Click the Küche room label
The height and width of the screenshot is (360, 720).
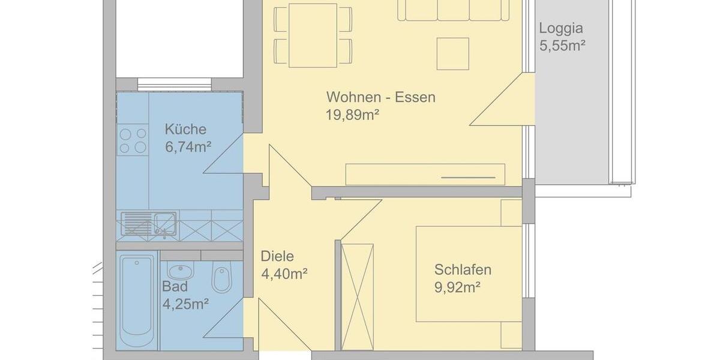185,129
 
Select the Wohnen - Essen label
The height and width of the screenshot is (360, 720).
380,97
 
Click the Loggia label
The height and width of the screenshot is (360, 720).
561,28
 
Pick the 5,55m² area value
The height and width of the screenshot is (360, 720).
562,46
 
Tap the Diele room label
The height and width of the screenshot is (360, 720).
277,256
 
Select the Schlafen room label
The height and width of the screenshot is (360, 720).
463,269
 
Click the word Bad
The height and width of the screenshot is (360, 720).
175,286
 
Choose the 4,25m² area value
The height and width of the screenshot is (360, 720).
185,304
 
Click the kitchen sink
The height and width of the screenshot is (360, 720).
148,223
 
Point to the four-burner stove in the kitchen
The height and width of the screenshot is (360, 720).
133,140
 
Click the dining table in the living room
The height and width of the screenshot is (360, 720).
313,35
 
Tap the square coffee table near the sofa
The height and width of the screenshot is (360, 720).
452,53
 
